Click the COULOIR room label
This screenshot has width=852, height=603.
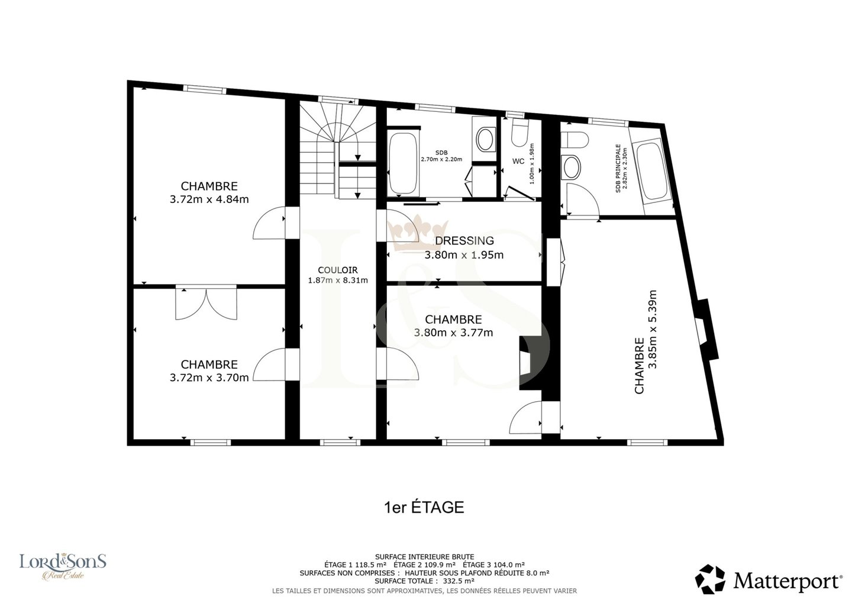tap(338, 270)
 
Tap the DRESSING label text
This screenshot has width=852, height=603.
tap(464, 241)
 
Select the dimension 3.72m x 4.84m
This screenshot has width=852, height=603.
tap(209, 199)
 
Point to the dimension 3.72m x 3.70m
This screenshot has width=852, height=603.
tap(209, 378)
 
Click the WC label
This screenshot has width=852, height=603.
tap(518, 162)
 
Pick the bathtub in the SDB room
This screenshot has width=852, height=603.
tap(402, 163)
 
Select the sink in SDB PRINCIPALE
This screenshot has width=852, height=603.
tap(571, 167)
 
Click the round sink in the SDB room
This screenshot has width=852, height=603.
tap(485, 140)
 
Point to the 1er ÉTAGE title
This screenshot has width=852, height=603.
tap(424, 508)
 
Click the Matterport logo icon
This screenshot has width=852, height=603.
tap(711, 579)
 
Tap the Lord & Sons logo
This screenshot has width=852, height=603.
tap(63, 566)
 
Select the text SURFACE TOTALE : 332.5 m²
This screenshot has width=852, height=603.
tap(424, 581)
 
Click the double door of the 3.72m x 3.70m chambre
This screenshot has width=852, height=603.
tap(206, 304)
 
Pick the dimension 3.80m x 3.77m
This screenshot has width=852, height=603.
tap(453, 333)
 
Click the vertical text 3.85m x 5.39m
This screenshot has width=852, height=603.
tap(653, 330)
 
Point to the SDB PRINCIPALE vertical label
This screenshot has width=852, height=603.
tap(621, 168)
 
